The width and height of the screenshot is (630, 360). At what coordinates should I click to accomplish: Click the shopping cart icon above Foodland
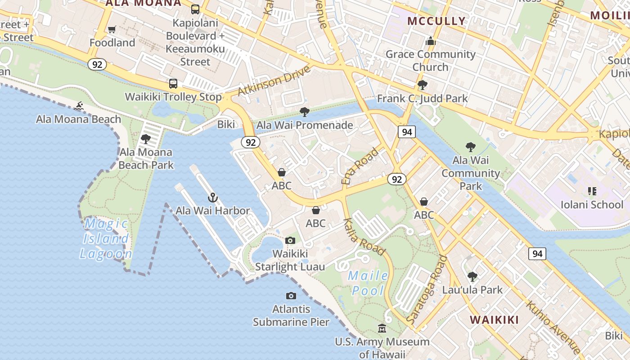(112, 30)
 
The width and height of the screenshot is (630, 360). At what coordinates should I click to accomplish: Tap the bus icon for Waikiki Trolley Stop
(173, 83)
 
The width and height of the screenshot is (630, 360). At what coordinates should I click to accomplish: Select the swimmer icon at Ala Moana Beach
(79, 106)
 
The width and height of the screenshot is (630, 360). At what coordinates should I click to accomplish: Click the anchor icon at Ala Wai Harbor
(212, 198)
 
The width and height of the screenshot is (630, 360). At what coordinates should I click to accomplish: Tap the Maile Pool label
(369, 283)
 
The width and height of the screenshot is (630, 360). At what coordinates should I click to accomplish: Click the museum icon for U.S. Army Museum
(382, 328)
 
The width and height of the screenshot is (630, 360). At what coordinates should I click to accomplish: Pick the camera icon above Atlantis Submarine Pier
(291, 296)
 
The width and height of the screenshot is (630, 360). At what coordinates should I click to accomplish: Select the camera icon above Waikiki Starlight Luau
(290, 240)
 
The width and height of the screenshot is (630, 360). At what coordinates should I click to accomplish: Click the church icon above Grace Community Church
(431, 41)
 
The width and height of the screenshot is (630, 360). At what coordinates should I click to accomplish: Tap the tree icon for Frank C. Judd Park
(422, 85)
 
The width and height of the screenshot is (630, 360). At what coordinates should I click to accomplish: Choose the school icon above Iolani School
(592, 191)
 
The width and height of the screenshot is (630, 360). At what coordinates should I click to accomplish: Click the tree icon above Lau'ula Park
(472, 276)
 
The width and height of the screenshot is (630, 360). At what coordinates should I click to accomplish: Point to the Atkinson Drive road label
(274, 81)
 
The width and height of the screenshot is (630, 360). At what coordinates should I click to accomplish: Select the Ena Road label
(360, 166)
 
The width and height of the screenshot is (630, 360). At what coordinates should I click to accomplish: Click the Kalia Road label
(364, 237)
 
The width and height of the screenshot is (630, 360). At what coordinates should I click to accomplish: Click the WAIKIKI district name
(495, 320)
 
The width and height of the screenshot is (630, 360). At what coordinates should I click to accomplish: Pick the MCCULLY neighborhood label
(436, 21)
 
